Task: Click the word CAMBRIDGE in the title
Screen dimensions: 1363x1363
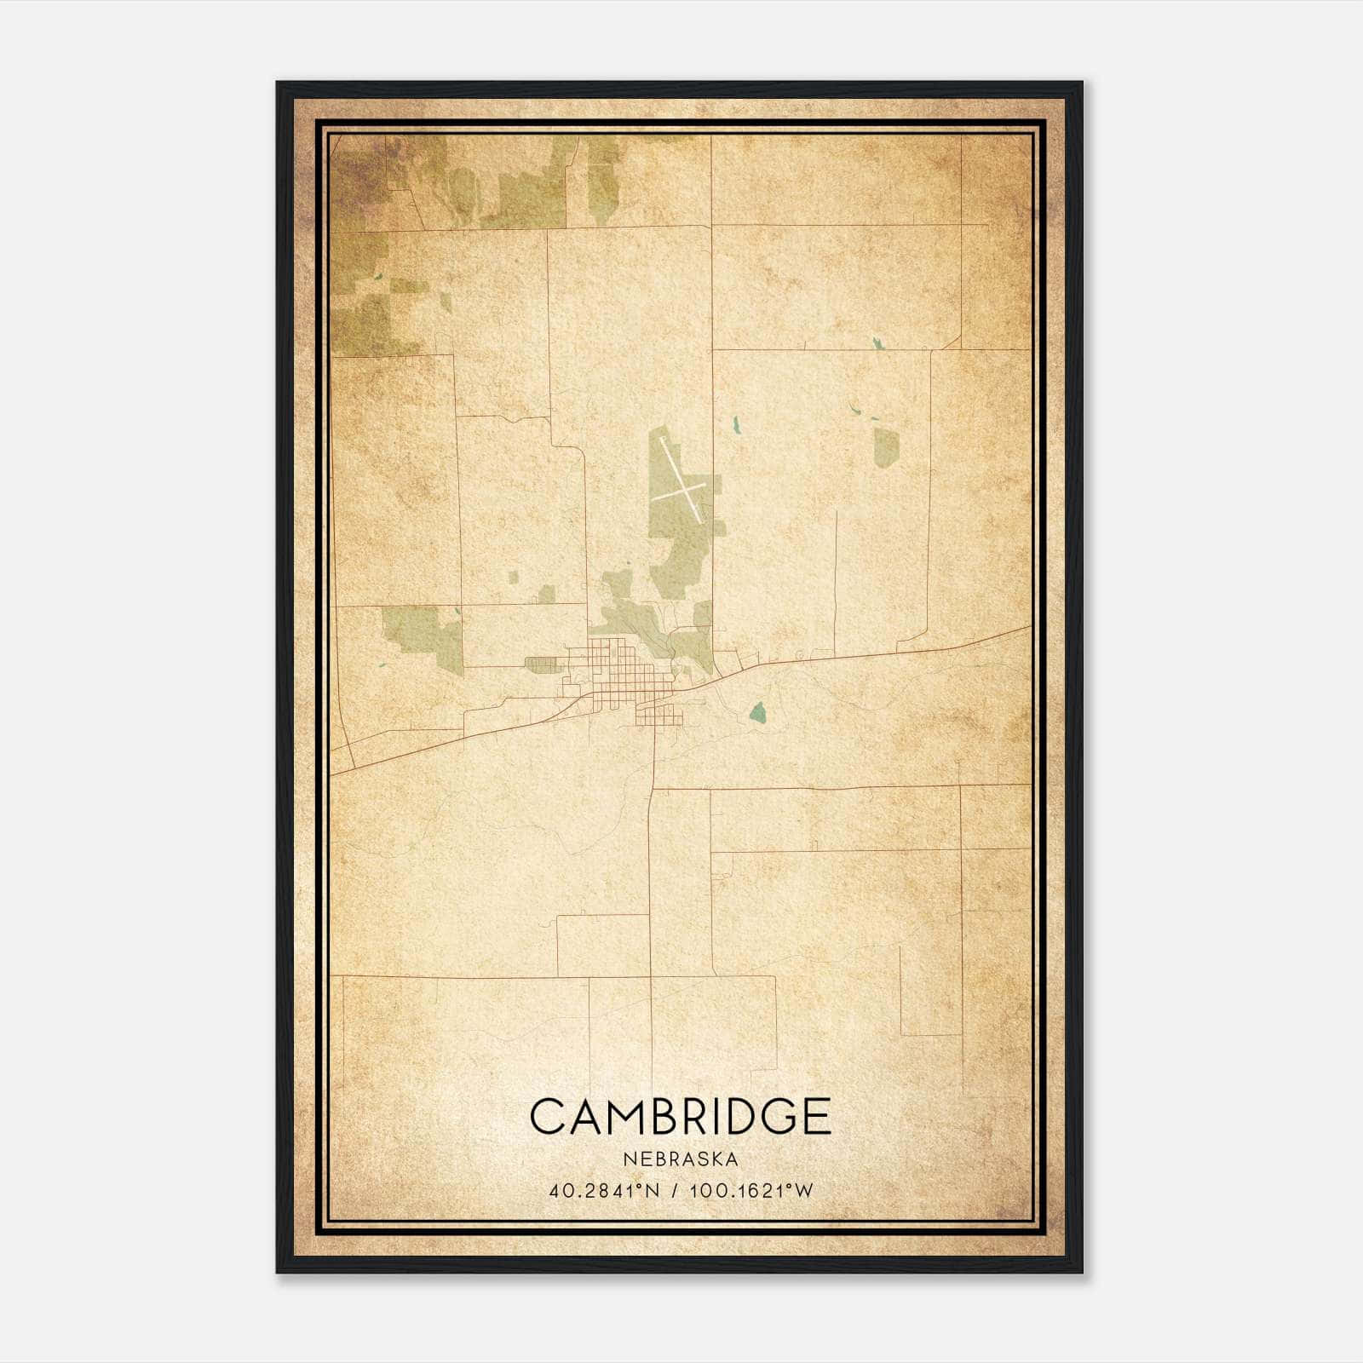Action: (680, 1116)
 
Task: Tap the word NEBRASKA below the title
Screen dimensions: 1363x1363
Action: (680, 1159)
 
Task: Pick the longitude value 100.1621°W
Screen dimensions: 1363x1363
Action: (752, 1191)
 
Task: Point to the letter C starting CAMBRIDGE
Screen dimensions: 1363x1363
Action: (548, 1116)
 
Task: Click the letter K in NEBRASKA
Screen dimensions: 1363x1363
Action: (715, 1159)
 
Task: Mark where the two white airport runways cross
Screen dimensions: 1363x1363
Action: (682, 492)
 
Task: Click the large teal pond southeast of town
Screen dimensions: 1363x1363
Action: (757, 712)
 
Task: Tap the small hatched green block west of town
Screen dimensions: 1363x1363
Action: (539, 664)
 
